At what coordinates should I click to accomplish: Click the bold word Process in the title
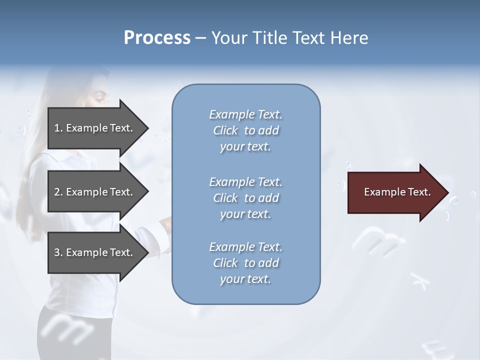tap(157, 38)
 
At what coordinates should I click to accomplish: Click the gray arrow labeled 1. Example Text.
tap(95, 128)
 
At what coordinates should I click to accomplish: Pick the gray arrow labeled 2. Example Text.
tap(95, 192)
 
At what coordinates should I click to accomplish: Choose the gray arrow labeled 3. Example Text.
tap(95, 252)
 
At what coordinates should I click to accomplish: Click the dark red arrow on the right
tap(395, 192)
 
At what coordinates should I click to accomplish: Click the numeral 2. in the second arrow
tap(58, 192)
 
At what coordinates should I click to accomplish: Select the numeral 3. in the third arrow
tap(58, 252)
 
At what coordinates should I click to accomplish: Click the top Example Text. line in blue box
tap(245, 114)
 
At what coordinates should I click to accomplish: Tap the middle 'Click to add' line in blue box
tap(245, 198)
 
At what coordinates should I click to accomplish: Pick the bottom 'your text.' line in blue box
tap(245, 279)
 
